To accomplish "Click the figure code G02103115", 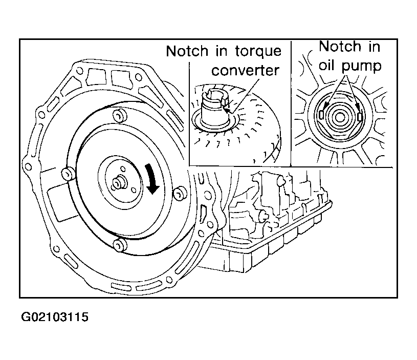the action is point(55,317).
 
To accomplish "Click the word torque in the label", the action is point(258,52).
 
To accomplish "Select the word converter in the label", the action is point(245,71).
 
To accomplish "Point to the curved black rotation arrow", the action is point(152,179).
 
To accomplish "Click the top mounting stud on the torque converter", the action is point(120,116).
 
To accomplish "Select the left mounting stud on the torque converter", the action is point(69,174).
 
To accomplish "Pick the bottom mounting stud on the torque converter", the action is point(119,244).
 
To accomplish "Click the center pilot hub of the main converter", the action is point(118,182).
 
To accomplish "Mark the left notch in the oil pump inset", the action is point(321,114).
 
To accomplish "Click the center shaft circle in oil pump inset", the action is point(340,117).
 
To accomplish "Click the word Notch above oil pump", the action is point(340,47).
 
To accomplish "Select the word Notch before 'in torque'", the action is point(187,51).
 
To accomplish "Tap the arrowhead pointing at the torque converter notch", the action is point(227,109).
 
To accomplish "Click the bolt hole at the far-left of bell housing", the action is point(28,167).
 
